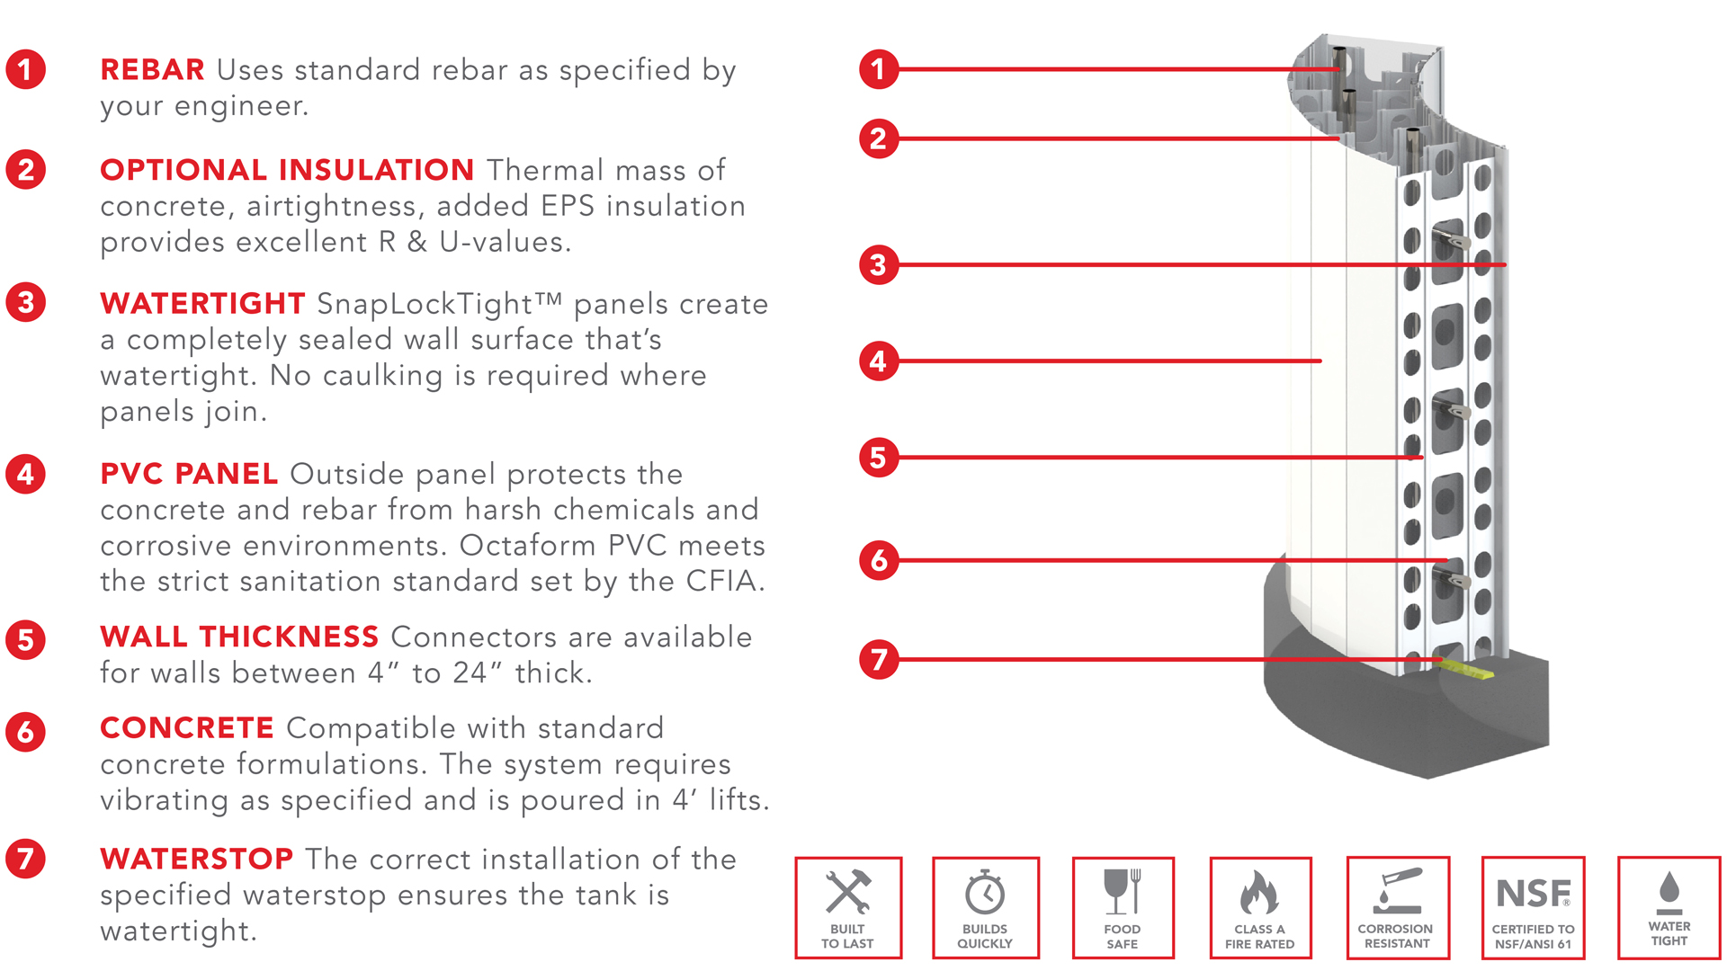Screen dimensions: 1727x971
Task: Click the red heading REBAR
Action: click(152, 69)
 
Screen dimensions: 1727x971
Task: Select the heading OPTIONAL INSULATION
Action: click(287, 170)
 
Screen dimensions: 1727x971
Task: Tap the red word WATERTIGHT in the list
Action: click(202, 303)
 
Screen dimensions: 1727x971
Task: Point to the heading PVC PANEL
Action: click(189, 474)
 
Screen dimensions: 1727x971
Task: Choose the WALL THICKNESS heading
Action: click(239, 637)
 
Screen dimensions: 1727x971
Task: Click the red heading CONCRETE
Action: click(187, 727)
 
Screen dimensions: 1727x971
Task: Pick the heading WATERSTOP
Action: click(196, 859)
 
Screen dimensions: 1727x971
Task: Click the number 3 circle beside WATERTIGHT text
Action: click(26, 302)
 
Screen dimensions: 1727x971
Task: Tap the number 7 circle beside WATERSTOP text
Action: click(26, 859)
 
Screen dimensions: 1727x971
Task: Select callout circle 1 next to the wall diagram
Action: click(879, 69)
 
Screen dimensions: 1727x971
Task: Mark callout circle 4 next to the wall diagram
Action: click(879, 361)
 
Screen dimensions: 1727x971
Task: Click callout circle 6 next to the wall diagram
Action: click(879, 560)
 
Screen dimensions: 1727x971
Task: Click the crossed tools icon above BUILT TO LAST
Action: click(848, 892)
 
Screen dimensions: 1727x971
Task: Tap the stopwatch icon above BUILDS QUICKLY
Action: click(985, 892)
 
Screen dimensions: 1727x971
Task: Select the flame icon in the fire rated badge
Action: click(1259, 892)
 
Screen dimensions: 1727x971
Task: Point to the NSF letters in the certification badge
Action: click(1533, 894)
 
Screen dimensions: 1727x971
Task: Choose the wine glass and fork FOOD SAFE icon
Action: click(1123, 891)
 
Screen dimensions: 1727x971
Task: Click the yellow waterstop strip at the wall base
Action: click(1467, 668)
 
